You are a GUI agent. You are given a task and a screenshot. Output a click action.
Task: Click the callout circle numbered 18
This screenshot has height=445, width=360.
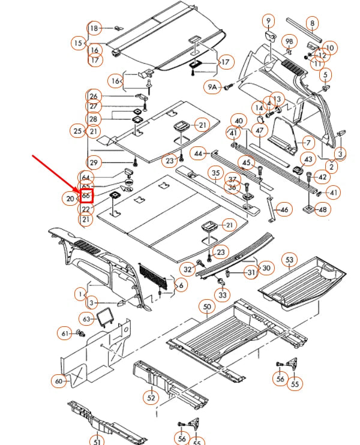(94, 28)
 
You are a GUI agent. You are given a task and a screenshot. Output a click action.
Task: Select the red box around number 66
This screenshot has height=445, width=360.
(86, 196)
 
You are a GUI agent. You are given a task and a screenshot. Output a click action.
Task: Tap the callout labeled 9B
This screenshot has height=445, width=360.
(290, 41)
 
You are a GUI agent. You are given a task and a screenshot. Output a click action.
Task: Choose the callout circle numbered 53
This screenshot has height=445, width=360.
(290, 260)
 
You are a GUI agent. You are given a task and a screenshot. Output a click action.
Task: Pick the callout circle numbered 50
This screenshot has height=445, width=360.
(208, 306)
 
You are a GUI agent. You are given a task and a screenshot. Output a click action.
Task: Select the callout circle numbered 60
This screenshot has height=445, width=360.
(59, 380)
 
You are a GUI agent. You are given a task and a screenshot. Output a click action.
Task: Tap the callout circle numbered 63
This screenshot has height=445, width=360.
(86, 319)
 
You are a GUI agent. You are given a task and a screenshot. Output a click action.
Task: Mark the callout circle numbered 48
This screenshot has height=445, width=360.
(323, 210)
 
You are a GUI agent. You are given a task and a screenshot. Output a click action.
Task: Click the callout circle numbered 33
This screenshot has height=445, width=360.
(223, 295)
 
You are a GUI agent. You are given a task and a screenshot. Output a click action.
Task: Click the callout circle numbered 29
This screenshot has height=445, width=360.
(93, 162)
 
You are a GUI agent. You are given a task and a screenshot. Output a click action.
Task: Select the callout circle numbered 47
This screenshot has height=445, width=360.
(260, 130)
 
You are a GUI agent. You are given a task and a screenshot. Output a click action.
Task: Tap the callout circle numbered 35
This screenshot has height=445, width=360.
(216, 173)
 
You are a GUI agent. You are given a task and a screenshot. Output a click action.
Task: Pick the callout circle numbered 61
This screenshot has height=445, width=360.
(64, 333)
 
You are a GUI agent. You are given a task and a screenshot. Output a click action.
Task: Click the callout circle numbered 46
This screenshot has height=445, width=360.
(284, 210)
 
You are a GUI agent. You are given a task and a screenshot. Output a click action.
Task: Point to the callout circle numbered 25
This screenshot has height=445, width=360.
(77, 131)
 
